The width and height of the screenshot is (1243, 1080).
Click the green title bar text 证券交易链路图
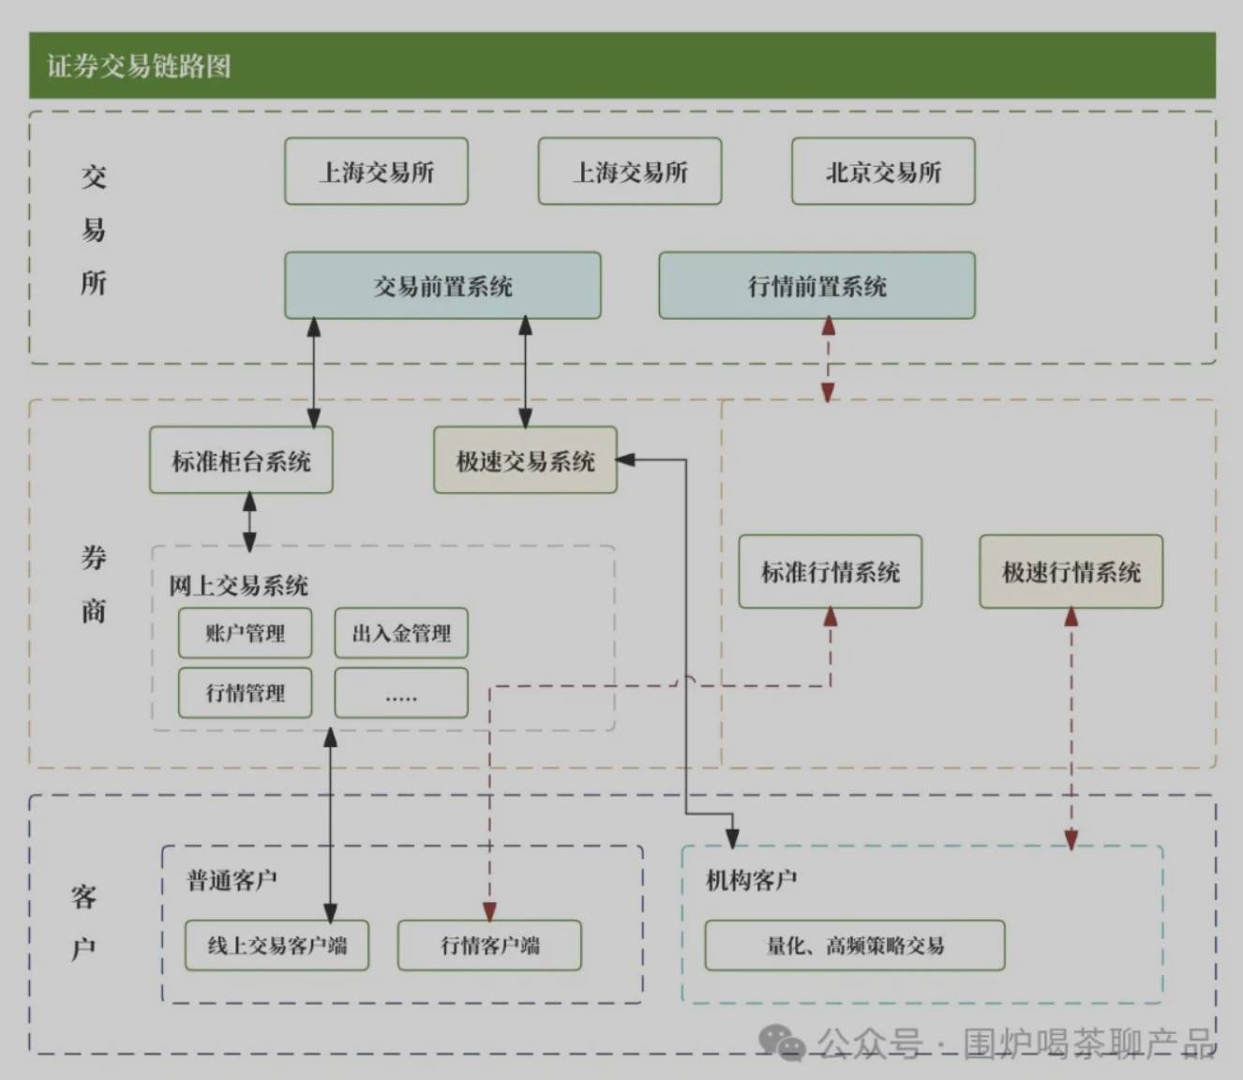tap(139, 66)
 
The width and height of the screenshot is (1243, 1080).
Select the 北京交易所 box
tap(883, 172)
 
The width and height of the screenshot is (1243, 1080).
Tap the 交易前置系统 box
tap(442, 286)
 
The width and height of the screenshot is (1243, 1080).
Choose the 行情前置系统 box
tap(816, 286)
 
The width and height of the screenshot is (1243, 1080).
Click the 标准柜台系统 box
tap(241, 460)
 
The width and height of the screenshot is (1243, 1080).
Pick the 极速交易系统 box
tap(525, 460)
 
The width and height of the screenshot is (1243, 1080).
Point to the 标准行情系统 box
tap(830, 572)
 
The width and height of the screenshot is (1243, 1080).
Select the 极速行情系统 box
tap(1071, 572)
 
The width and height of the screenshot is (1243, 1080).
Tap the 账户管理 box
tap(245, 634)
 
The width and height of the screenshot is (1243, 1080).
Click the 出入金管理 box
tap(401, 634)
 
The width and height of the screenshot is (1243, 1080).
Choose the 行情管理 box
tap(245, 694)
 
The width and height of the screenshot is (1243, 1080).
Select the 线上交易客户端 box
tap(277, 945)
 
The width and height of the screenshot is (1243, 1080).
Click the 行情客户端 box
tap(489, 945)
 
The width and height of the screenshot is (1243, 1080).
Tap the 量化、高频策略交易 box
tap(854, 945)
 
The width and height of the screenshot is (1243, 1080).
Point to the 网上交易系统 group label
tap(238, 586)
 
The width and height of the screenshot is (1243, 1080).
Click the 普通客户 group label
tap(232, 880)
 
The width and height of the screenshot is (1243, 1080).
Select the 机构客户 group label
tap(751, 880)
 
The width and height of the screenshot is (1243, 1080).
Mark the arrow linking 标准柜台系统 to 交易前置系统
tap(314, 373)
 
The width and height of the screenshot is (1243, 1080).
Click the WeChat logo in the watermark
tap(781, 1042)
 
